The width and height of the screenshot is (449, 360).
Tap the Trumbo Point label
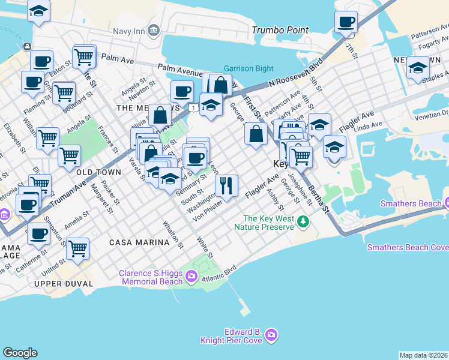coord(280,30)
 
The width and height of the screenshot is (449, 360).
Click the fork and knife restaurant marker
coord(226,184)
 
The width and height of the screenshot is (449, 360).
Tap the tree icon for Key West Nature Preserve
coord(304,222)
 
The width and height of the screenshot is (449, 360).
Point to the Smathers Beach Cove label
coord(408,247)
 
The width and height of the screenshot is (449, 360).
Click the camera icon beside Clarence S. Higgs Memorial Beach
coord(191,276)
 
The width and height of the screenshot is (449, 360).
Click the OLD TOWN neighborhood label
coord(98,172)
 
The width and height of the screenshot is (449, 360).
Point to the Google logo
coord(20,353)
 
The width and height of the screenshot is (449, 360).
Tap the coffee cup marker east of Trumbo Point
coord(346,23)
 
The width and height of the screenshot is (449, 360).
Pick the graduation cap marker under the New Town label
coord(417,68)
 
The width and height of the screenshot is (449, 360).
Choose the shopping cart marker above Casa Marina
coord(78,247)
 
